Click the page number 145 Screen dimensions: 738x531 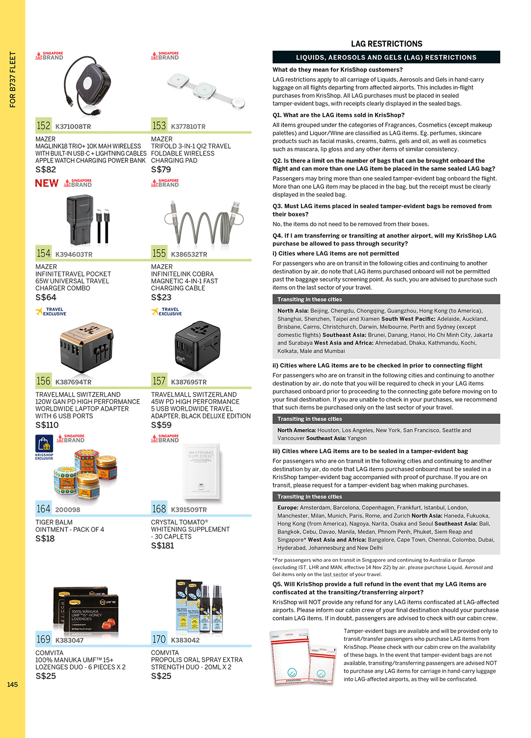click(x=12, y=684)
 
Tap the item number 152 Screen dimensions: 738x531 click(x=43, y=125)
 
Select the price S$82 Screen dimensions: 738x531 click(x=46, y=169)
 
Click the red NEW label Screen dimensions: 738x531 click(x=47, y=183)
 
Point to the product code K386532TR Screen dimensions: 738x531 click(x=189, y=254)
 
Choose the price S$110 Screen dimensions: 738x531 click(x=47, y=425)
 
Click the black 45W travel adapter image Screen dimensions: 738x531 click(x=197, y=344)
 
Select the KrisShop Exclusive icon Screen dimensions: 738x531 click(x=44, y=447)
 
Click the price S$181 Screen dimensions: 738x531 click(x=162, y=546)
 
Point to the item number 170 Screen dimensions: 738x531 click(x=159, y=639)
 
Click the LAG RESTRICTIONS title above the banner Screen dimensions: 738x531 click(x=386, y=44)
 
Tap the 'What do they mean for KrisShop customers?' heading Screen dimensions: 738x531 click(x=337, y=70)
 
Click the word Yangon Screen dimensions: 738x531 click(x=357, y=438)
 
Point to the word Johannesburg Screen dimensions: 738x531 click(x=322, y=548)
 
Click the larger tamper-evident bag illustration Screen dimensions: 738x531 click(x=290, y=657)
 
